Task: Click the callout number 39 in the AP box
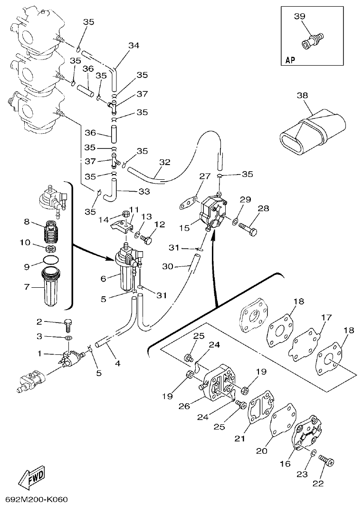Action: (299, 17)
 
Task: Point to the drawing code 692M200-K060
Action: (37, 500)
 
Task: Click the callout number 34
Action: (134, 46)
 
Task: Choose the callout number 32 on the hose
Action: (164, 162)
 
